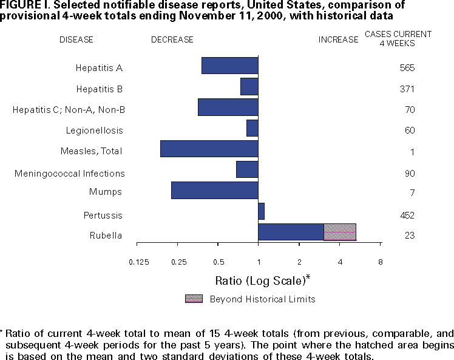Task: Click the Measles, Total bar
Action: [x=209, y=149]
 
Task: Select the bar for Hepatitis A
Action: [x=230, y=66]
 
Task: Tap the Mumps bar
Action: [x=215, y=190]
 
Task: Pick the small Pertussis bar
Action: [x=261, y=211]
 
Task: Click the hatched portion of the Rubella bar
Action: [x=340, y=232]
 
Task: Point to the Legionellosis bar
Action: [x=252, y=128]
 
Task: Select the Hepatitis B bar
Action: [x=249, y=87]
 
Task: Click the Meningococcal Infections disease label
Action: [x=70, y=174]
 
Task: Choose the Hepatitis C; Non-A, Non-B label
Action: [x=69, y=110]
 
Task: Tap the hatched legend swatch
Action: [x=194, y=298]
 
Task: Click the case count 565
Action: [x=407, y=67]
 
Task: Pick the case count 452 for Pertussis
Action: [x=407, y=216]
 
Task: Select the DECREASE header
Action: [x=172, y=39]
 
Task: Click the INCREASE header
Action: [x=339, y=39]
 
